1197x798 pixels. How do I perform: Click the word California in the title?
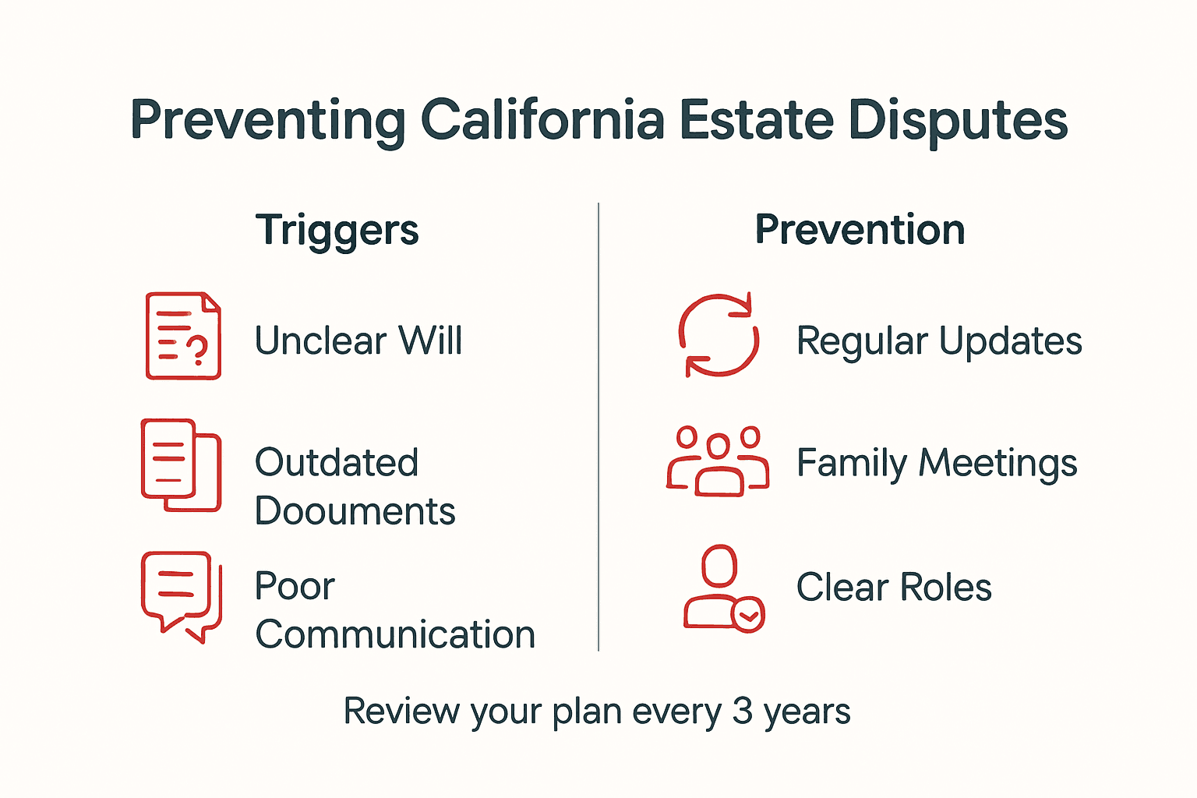coord(542,121)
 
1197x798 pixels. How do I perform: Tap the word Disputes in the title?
coord(957,121)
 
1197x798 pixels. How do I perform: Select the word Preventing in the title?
coord(268,121)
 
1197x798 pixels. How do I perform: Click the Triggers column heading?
coord(337,231)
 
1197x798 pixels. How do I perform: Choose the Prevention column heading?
coord(860,231)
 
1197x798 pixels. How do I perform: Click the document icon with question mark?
coord(183,336)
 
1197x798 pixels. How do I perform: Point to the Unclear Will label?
coord(358,341)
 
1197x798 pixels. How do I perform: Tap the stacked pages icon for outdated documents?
coord(181,464)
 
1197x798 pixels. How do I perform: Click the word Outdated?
coord(337,463)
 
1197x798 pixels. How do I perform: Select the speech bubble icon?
coord(181,595)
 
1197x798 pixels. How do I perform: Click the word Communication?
coord(395,634)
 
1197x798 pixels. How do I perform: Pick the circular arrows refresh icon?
coord(718,335)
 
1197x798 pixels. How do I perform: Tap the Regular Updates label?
coord(938,341)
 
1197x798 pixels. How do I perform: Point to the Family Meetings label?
coord(936,463)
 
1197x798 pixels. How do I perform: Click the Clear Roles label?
coord(893,588)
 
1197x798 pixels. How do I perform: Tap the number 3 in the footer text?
coord(742,711)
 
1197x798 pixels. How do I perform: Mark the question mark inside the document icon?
coord(199,351)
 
